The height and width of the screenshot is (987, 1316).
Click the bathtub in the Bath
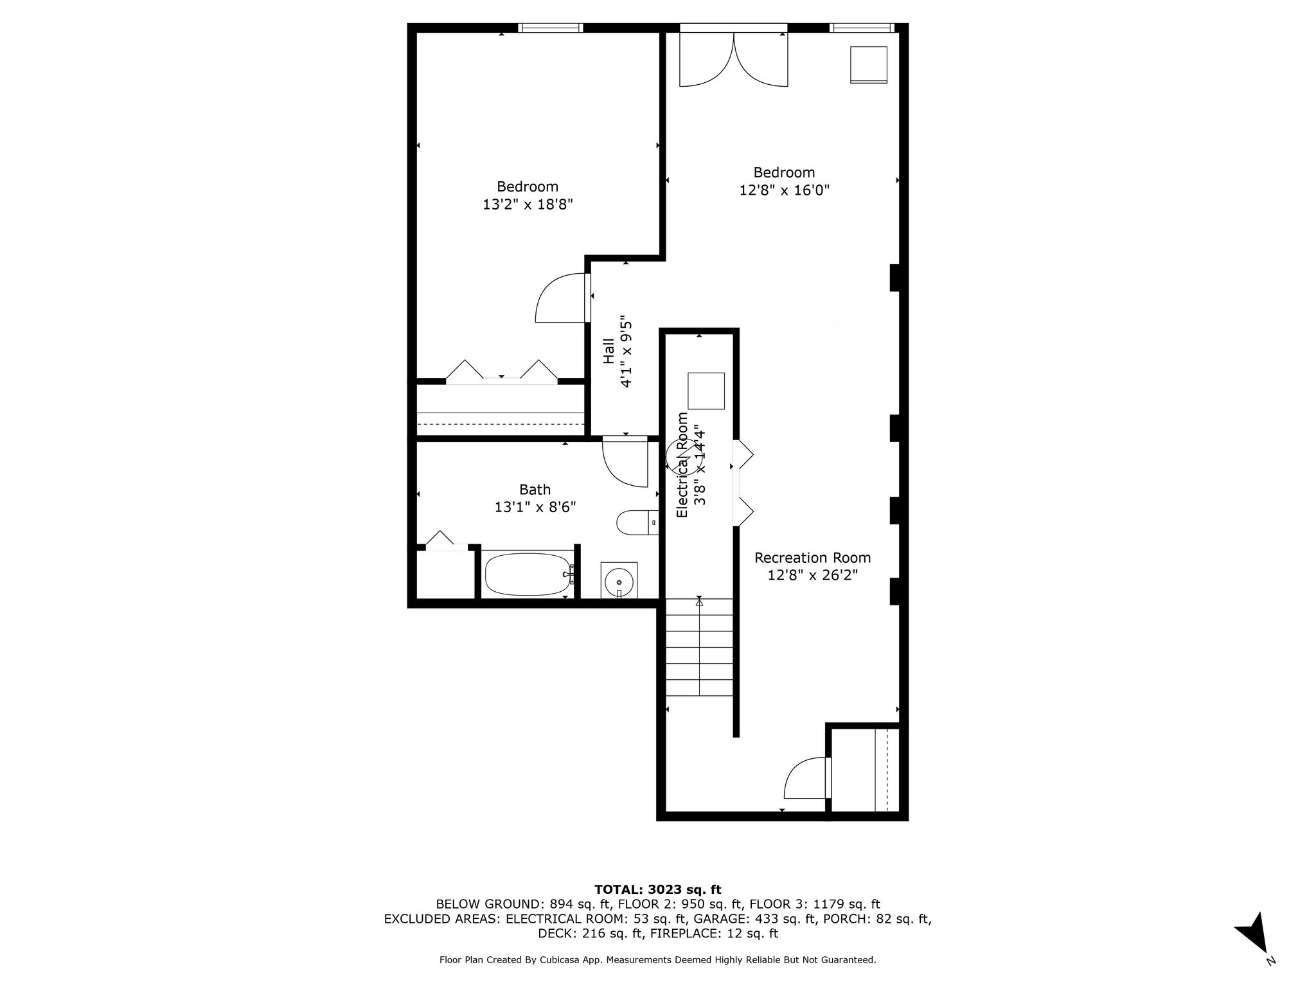point(528,574)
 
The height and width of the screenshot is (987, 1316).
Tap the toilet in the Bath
point(637,522)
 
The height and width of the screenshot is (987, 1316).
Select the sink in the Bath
point(619,580)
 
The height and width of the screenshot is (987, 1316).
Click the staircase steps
point(699,647)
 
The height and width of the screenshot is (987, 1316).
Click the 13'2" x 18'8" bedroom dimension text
point(528,204)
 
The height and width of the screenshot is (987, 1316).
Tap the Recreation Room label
point(813,558)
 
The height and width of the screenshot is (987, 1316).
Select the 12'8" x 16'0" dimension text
point(785,190)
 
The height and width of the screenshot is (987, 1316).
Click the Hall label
point(609,351)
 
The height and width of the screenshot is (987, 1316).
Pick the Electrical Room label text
point(682,465)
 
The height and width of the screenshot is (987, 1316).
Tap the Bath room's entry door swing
point(625,462)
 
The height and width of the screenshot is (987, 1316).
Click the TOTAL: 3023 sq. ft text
point(658,889)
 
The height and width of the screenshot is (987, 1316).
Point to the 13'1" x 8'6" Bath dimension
point(535,507)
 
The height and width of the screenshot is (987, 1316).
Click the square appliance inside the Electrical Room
point(706,391)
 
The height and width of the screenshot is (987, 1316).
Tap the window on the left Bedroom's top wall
point(551,28)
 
